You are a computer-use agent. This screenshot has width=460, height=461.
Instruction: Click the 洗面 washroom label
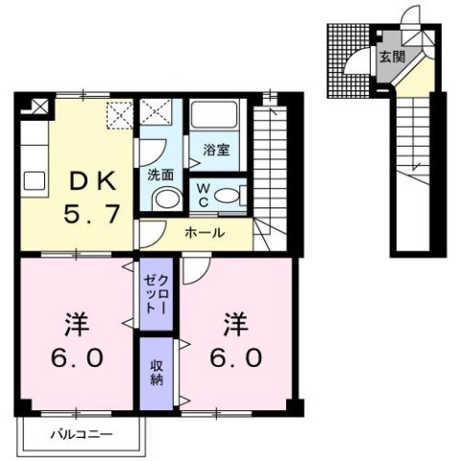(159, 175)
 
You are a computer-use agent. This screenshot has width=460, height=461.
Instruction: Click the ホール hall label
(205, 232)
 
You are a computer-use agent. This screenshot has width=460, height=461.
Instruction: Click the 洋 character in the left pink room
(77, 321)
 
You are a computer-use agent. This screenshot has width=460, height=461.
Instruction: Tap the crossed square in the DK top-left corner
(38, 105)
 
